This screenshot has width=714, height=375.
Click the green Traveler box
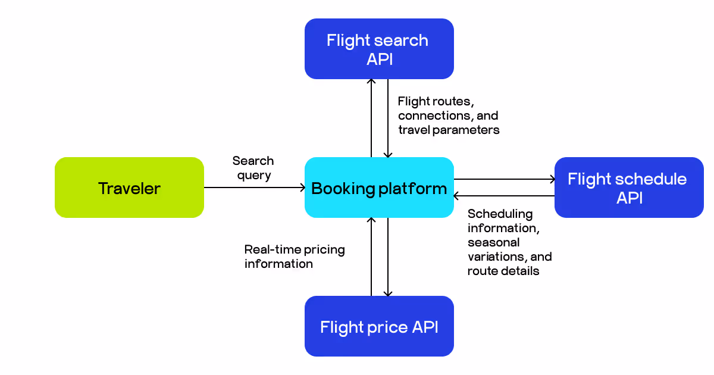(129, 187)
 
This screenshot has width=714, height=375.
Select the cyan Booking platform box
(379, 187)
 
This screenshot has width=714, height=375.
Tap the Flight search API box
(379, 49)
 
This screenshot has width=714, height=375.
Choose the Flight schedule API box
(629, 187)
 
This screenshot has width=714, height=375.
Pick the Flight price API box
(379, 326)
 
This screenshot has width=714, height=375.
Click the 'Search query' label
(253, 168)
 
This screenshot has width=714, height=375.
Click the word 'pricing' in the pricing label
(321, 249)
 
